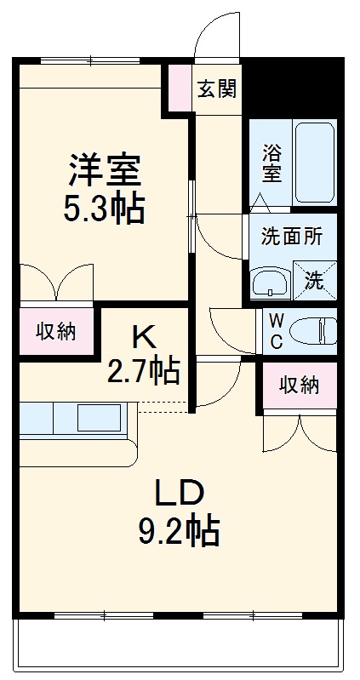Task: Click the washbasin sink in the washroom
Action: tap(271, 281)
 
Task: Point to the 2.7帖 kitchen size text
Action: tap(143, 370)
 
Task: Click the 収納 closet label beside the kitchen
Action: tap(55, 331)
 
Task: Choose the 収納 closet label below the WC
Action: tap(299, 385)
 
